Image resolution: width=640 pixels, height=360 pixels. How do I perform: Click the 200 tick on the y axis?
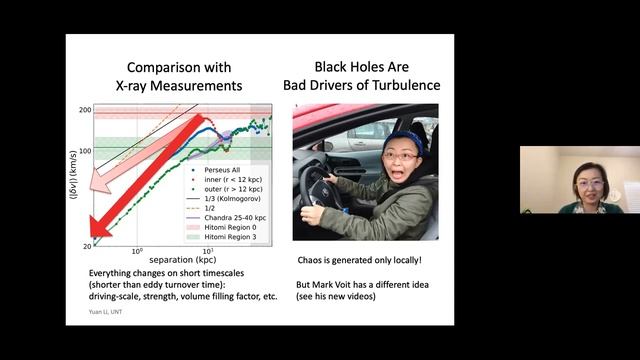point(86,110)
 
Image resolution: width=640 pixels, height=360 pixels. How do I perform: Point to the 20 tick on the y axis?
point(87,245)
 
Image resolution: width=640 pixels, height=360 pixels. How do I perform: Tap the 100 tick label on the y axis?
point(85,151)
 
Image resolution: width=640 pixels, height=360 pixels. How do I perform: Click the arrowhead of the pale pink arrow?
point(95,185)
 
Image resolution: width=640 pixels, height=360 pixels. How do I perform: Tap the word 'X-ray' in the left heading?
point(154,86)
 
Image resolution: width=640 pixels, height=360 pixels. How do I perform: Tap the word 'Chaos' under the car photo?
point(315,262)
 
